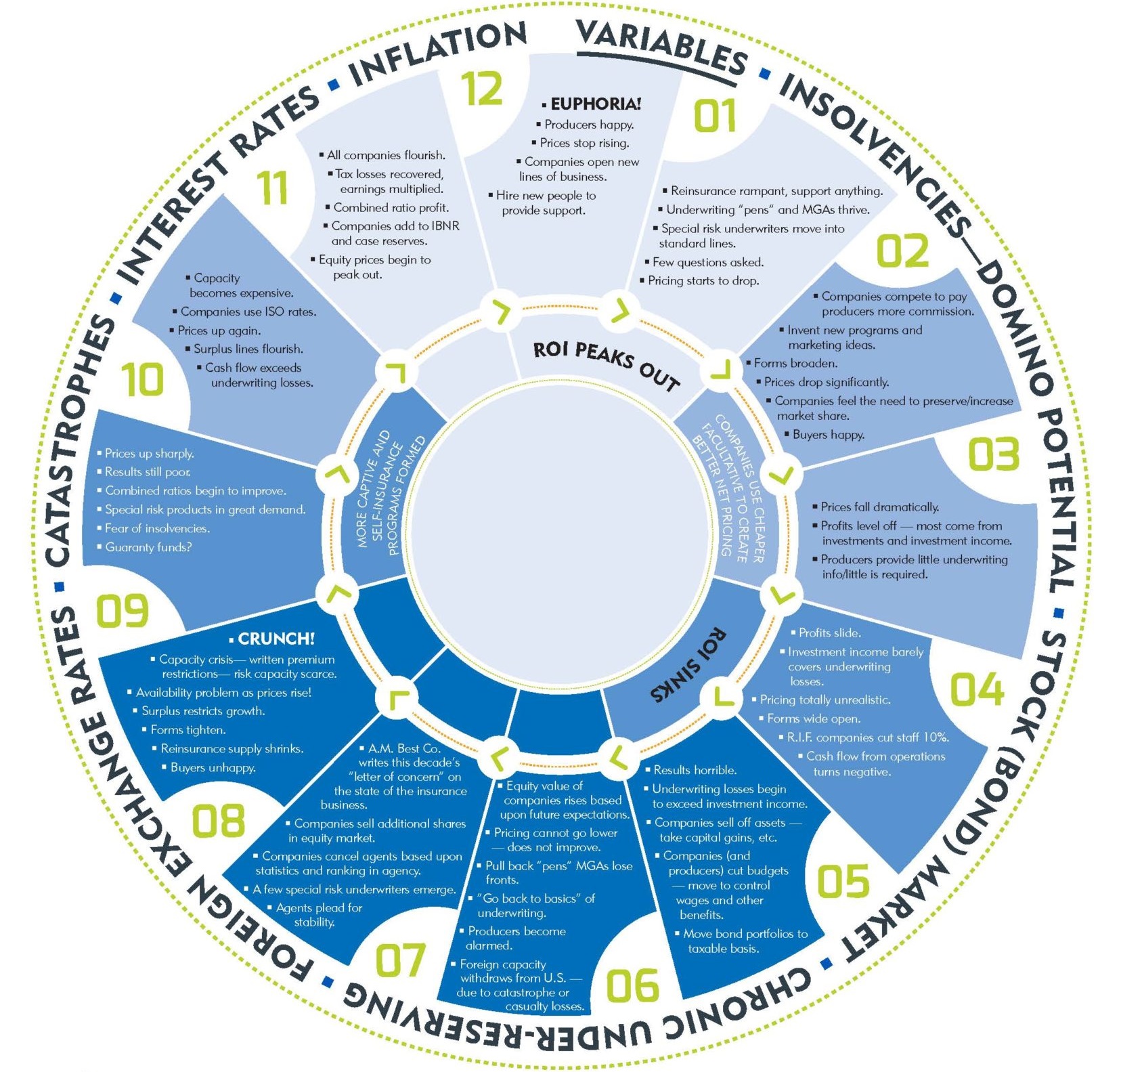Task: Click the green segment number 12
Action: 482,89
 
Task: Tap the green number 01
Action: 715,115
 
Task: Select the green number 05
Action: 843,881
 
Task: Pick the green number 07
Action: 401,960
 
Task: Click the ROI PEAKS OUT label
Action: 607,366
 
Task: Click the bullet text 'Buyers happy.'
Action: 829,435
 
